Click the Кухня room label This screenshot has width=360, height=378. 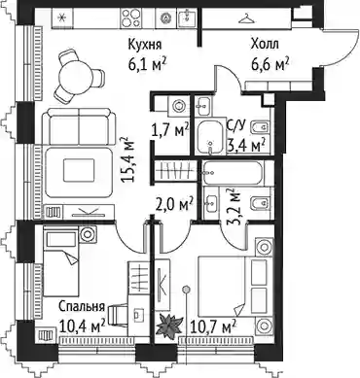pyautogui.click(x=145, y=45)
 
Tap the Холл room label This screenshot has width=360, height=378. pyautogui.click(x=265, y=44)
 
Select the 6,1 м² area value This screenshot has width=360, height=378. pyautogui.click(x=148, y=65)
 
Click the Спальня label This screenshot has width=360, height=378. pyautogui.click(x=82, y=307)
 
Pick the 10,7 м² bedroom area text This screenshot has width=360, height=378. pyautogui.click(x=213, y=326)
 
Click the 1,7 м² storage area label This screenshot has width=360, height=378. pyautogui.click(x=170, y=131)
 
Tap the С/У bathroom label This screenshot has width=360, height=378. pyautogui.click(x=236, y=123)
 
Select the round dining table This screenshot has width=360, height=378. pyautogui.click(x=76, y=77)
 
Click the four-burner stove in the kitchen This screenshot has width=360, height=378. pyautogui.click(x=129, y=17)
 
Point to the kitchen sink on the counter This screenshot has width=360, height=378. pyautogui.click(x=187, y=17)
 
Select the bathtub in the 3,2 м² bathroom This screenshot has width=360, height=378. pyautogui.click(x=233, y=173)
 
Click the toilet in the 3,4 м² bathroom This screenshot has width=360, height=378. pyautogui.click(x=260, y=127)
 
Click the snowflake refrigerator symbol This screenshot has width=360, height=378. pyautogui.click(x=63, y=17)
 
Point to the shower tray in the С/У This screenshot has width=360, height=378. pyautogui.click(x=210, y=137)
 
